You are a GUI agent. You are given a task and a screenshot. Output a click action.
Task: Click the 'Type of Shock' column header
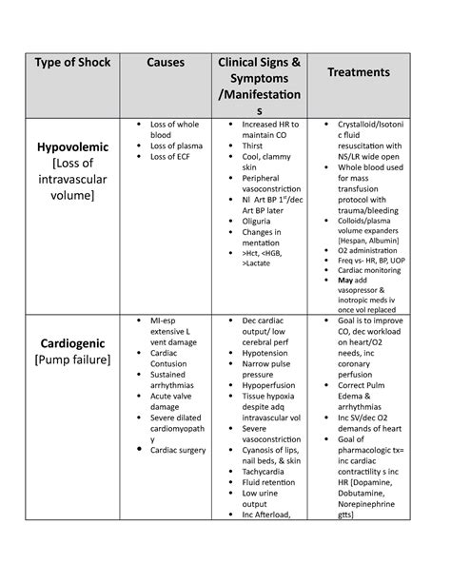coord(72,63)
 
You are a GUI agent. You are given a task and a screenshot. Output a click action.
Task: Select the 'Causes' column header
coord(166,63)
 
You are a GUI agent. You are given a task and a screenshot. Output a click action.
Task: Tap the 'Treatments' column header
coord(359,72)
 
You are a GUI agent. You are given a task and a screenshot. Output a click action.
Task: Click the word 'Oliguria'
coord(261,221)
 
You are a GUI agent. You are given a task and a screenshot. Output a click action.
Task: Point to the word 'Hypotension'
coord(265,352)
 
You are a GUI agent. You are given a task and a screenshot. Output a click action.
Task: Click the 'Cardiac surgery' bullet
coord(177,450)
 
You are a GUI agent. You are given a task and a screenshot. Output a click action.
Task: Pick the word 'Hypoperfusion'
coord(270,384)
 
